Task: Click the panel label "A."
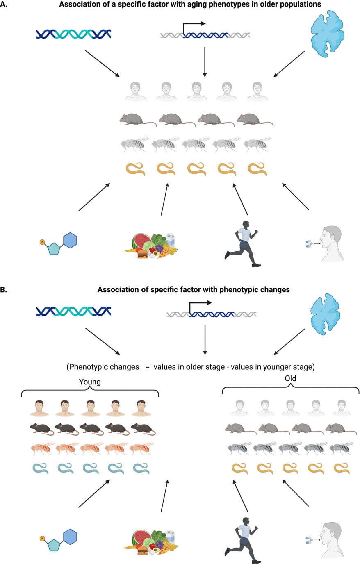click(4, 4)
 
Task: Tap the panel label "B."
click(4, 289)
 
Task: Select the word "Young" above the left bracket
click(90, 382)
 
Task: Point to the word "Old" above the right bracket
click(290, 378)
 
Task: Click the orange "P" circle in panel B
click(42, 538)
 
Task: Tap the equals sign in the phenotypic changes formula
click(147, 367)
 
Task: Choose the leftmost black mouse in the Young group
click(40, 429)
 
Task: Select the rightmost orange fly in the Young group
click(142, 448)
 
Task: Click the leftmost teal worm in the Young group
click(40, 468)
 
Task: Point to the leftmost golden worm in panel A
click(135, 169)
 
